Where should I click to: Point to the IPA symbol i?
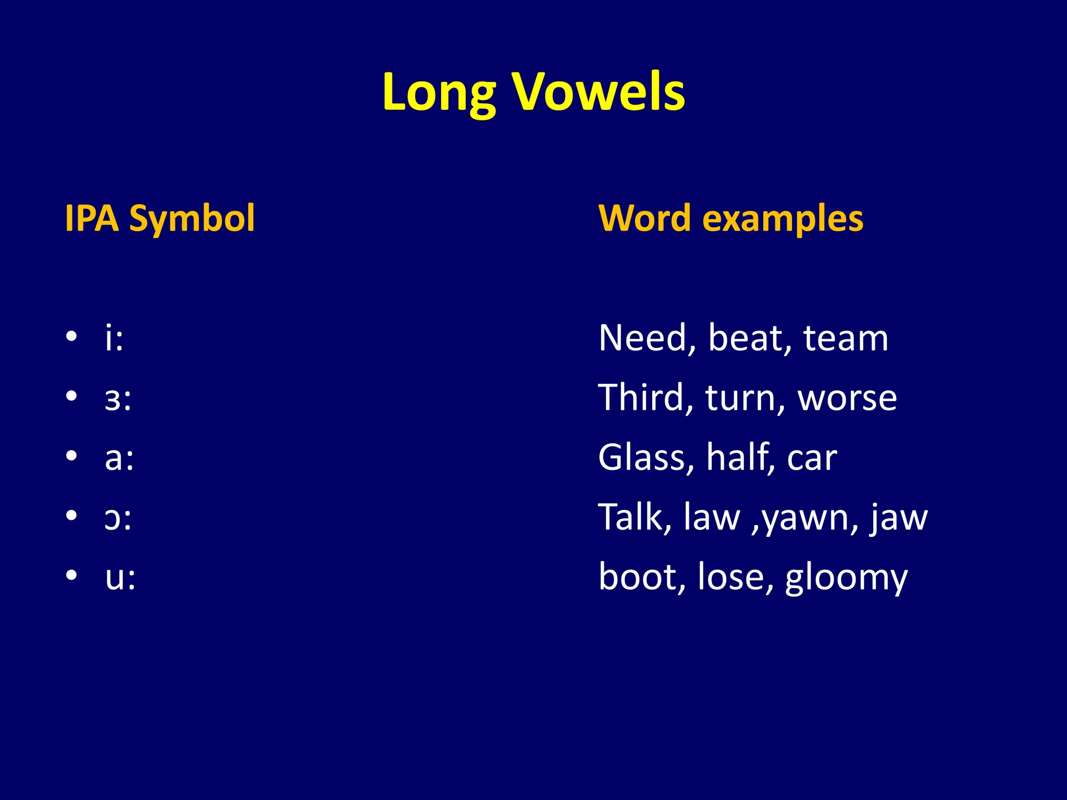(114, 338)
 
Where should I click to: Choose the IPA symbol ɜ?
(118, 399)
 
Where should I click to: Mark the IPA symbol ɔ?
(118, 519)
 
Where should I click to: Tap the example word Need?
(646, 339)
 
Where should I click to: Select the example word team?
(845, 339)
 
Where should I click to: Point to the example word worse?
(847, 399)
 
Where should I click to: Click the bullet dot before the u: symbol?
(72, 575)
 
